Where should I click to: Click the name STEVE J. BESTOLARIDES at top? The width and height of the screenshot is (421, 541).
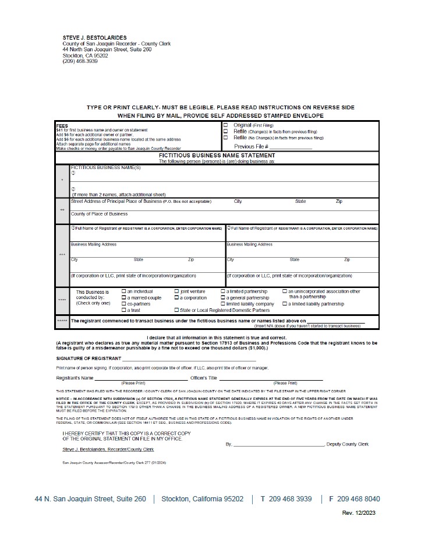point(94,38)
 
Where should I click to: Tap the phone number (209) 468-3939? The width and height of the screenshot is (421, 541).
point(80,62)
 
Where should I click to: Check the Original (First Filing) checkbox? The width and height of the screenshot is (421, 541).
point(226,125)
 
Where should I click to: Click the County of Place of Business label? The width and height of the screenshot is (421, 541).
point(99,214)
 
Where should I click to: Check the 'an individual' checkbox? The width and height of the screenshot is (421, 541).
point(123,291)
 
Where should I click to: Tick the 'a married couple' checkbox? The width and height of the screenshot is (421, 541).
point(123,297)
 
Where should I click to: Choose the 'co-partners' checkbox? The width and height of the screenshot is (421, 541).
point(123,304)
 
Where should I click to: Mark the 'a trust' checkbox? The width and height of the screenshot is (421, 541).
point(123,311)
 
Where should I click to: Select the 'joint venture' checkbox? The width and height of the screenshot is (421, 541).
point(177,291)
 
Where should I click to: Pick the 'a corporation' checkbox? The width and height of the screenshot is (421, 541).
point(177,297)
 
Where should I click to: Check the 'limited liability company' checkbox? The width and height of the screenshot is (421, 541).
point(222,304)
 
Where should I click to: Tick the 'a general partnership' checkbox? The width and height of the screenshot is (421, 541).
point(222,297)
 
